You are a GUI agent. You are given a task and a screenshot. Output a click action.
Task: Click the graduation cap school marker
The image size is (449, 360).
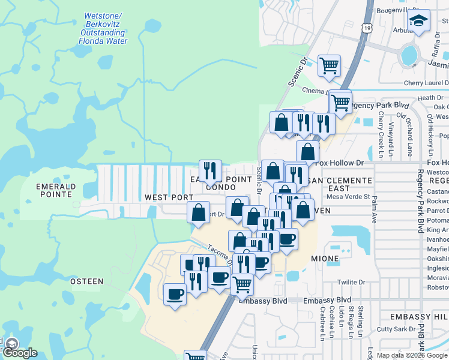click(418, 22)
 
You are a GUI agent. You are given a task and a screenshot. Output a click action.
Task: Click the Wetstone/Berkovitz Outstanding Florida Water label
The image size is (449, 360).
click(103, 29)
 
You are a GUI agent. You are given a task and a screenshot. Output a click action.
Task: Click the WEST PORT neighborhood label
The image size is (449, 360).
click(169, 197)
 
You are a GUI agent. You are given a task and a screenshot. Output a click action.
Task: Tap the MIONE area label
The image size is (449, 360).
click(325, 259)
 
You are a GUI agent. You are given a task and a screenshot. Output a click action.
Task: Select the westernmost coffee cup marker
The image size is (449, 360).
click(175, 294)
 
